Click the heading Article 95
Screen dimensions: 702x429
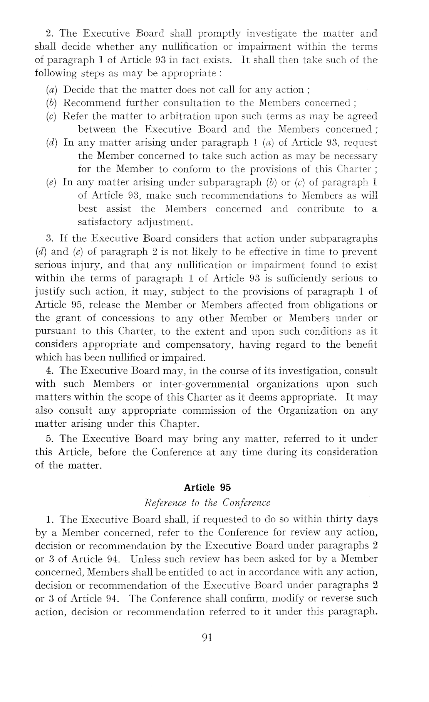pyautogui.click(x=207, y=488)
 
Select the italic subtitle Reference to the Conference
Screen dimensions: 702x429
pyautogui.click(x=207, y=503)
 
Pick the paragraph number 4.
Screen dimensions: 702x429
pyautogui.click(x=49, y=371)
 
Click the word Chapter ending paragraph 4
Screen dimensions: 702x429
pyautogui.click(x=180, y=424)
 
